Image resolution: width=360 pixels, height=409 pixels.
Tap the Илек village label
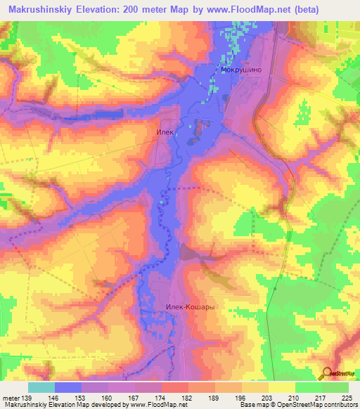[x=164, y=131]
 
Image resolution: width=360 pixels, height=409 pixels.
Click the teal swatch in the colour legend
[x=41, y=387]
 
